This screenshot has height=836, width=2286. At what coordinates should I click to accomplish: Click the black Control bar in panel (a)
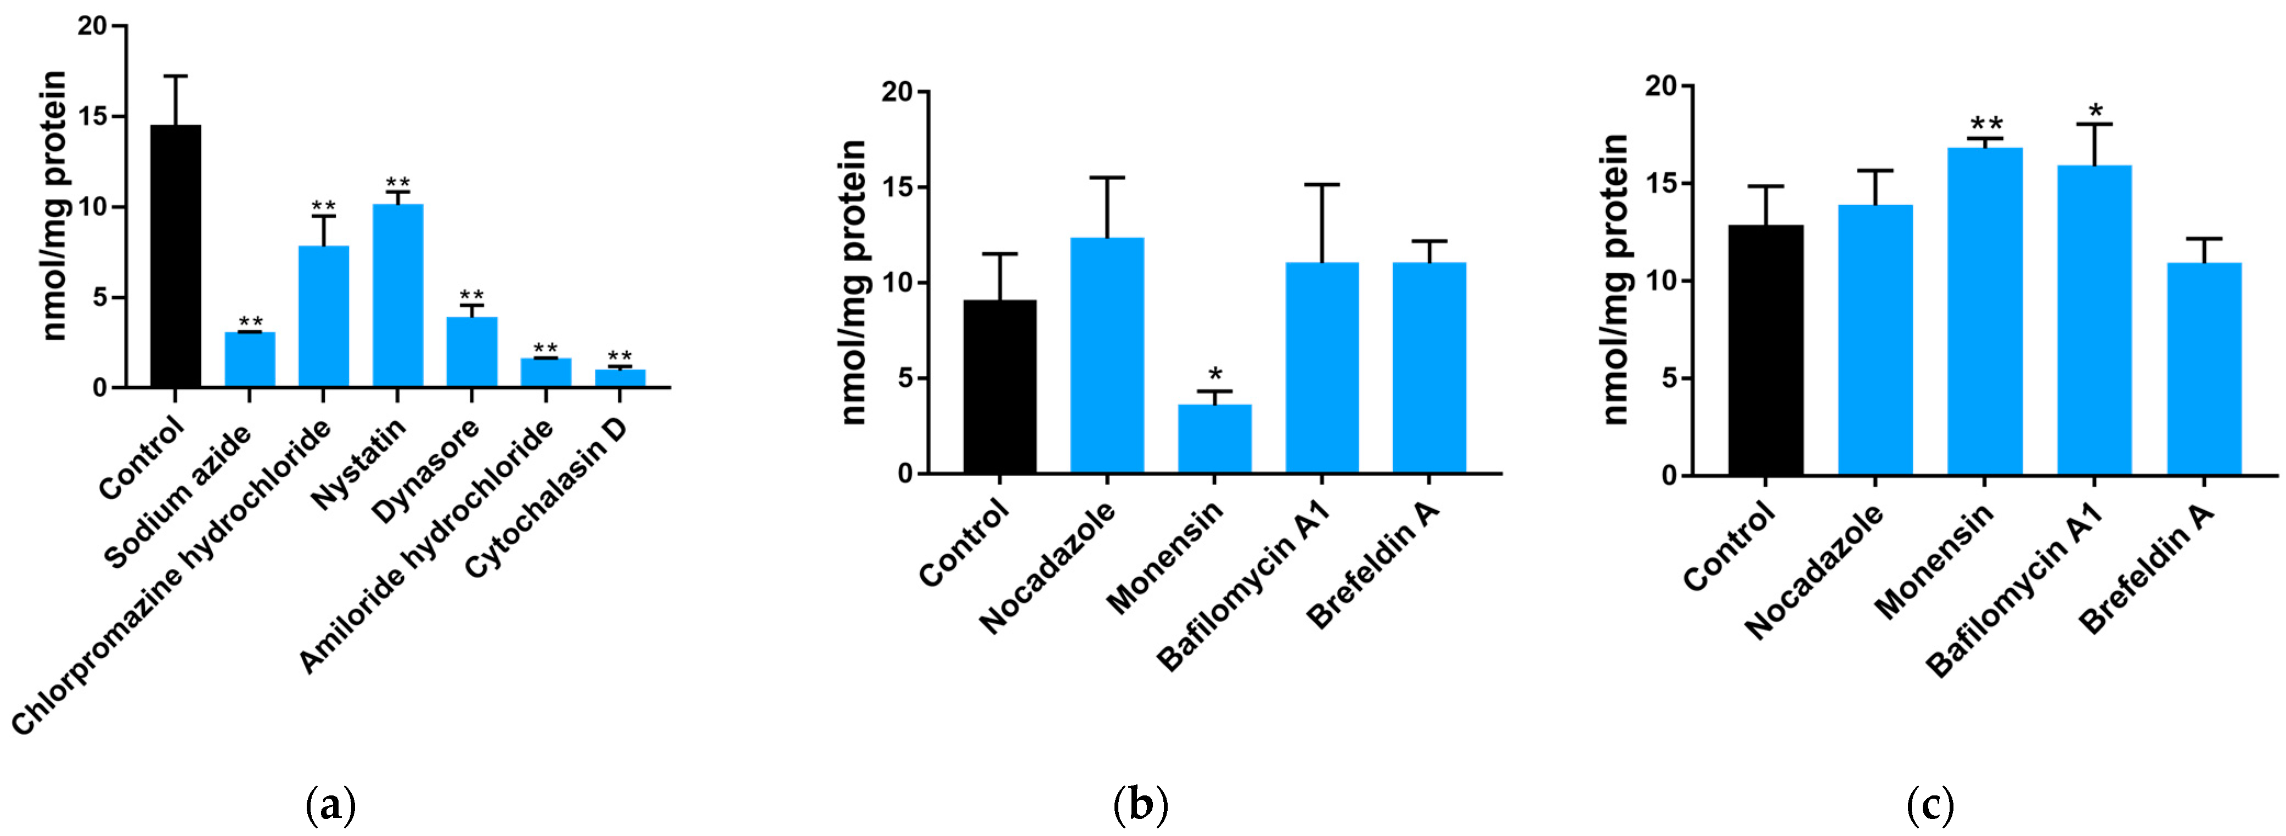coord(176,257)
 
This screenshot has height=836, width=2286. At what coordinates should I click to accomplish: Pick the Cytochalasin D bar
coord(620,378)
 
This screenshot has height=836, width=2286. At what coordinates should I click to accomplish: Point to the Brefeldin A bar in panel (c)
coord(2204,368)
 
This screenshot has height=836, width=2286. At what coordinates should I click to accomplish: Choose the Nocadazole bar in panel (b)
coord(1107,355)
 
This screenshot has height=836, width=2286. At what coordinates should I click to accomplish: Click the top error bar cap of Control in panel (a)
coord(176,76)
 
